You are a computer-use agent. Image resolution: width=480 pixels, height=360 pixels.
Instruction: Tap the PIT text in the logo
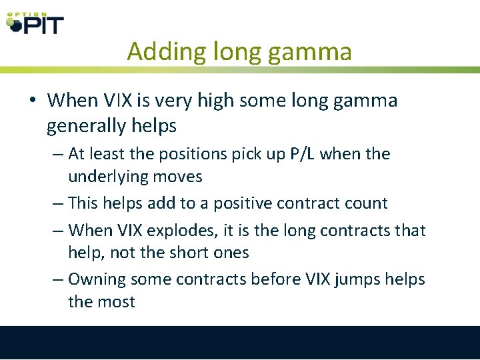(x=43, y=25)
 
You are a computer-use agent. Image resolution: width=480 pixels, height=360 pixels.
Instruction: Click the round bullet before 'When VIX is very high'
(x=32, y=101)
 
